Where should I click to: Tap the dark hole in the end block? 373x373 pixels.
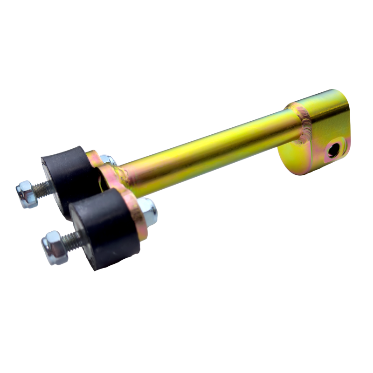333,150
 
